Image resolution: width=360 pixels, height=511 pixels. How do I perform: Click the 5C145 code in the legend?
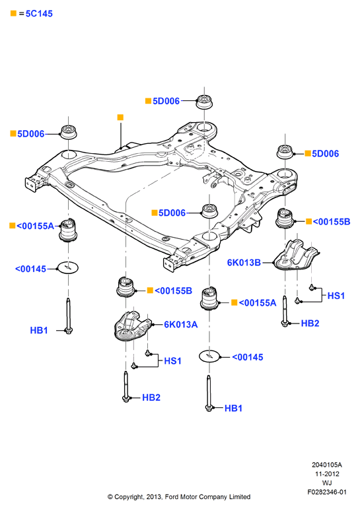point(39,14)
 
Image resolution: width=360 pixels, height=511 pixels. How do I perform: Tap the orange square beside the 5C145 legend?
point(13,13)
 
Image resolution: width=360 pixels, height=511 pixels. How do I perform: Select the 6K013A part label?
point(180,325)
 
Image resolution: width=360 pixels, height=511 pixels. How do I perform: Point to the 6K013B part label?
point(244,263)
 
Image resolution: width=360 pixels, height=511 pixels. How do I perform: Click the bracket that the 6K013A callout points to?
point(132,327)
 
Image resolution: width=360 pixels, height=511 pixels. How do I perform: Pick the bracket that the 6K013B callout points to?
point(295,255)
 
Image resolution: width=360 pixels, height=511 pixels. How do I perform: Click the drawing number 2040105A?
point(327,465)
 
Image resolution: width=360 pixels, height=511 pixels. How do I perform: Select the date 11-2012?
point(327,474)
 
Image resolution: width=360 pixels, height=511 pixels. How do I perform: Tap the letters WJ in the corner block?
point(327,483)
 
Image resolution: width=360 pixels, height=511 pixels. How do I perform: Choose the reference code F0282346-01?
point(327,492)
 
